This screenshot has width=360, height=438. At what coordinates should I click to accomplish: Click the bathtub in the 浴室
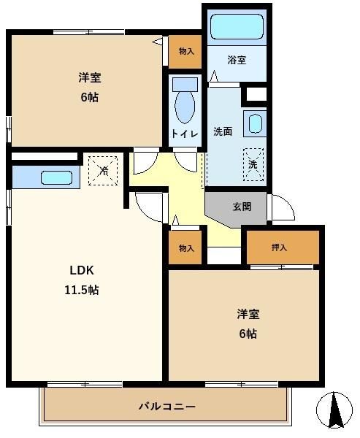237,26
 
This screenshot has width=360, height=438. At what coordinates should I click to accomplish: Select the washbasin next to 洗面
255,124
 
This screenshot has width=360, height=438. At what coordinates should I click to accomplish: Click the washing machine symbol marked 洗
253,164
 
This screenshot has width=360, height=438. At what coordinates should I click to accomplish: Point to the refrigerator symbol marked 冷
103,171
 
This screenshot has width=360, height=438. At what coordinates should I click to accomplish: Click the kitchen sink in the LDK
57,177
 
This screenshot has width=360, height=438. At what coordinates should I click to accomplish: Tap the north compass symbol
334,410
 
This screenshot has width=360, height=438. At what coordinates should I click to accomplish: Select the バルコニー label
167,406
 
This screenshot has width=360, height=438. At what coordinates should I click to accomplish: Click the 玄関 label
242,207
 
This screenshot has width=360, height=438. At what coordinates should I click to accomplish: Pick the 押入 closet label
279,247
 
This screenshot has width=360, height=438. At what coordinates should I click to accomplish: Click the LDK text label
82,270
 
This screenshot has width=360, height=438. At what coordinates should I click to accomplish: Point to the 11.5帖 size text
82,291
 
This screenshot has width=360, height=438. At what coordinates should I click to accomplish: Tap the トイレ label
185,134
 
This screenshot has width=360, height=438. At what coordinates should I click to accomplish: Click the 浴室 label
237,60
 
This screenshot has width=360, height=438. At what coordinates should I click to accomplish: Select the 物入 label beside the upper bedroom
186,51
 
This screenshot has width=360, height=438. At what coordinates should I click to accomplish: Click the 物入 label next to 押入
186,247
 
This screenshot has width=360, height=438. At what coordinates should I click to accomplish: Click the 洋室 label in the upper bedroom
89,77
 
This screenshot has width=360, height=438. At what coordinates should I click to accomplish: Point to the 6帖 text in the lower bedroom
248,334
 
